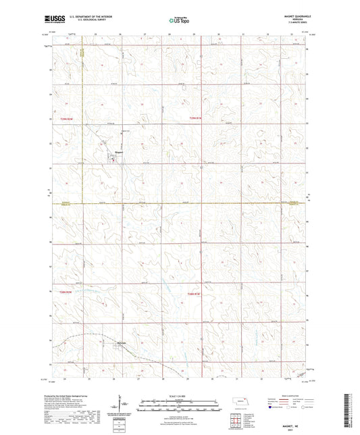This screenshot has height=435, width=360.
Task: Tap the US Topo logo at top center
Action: [x=178, y=21]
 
